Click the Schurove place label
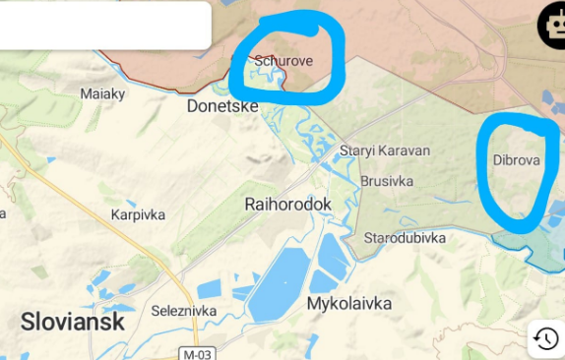point(283,61)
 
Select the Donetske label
point(222,105)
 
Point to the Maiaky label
point(102,94)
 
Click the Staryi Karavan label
point(385,151)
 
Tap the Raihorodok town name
point(287,204)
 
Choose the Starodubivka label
point(405,238)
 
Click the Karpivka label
point(138,213)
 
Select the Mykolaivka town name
point(349,304)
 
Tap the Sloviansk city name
point(73,322)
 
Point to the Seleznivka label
point(184,311)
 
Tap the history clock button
point(545,339)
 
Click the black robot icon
point(552,27)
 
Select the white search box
point(104,26)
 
